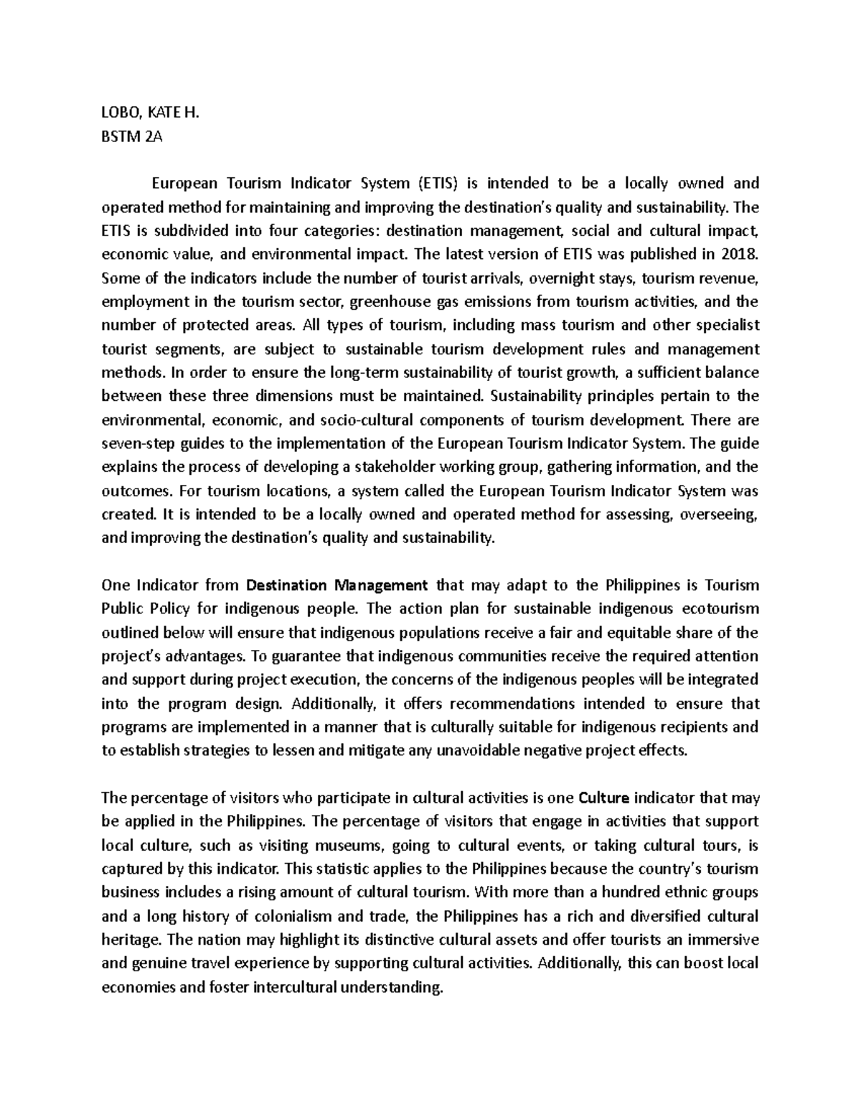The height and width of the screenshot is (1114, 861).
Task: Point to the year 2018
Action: [x=738, y=254]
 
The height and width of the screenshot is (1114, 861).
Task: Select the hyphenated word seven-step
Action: [x=135, y=443]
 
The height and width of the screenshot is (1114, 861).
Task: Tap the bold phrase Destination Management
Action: [x=337, y=585]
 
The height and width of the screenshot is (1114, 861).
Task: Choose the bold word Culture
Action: [x=604, y=798]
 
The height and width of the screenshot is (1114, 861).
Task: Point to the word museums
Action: [x=354, y=845]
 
